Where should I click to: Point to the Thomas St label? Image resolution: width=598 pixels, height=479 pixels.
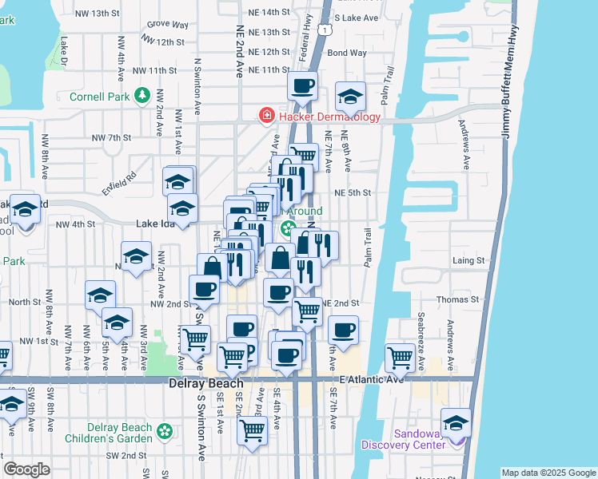click(457, 299)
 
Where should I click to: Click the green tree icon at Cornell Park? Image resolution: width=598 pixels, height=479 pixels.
click(142, 96)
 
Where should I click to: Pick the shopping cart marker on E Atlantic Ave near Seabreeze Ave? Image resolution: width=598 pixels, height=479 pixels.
click(400, 357)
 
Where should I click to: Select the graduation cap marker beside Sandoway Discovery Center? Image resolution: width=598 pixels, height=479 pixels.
click(456, 422)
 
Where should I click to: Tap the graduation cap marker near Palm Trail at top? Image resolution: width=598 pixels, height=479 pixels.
click(350, 96)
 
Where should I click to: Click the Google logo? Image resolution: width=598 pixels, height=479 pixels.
click(26, 469)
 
